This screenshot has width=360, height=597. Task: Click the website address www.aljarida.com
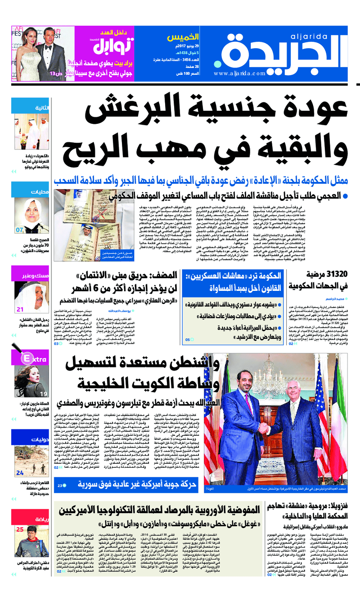pos(240,73)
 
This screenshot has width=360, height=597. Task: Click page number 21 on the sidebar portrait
pos(20,309)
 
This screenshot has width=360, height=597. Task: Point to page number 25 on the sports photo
pos(20,529)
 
